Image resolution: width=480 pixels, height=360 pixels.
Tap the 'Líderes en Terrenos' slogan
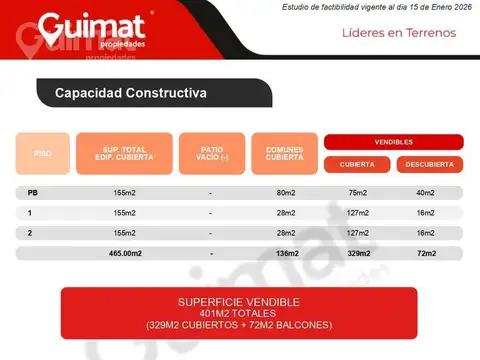coord(398,33)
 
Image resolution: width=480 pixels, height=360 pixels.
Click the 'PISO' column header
coord(43,154)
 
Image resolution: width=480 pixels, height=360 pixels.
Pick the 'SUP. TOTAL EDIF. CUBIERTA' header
coord(124,154)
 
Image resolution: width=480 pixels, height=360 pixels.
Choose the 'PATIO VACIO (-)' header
coord(210,154)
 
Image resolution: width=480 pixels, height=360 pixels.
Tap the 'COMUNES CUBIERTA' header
coord(284,154)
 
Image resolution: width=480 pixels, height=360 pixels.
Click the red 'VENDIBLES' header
coord(393,142)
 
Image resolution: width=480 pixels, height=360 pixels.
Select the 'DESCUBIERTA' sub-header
coord(428,164)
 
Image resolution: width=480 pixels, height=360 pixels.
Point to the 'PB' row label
coord(33,193)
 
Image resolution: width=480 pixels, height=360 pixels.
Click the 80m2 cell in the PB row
coord(284,193)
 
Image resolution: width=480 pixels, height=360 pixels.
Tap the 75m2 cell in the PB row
coord(358,193)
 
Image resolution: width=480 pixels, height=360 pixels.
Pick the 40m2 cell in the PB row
coord(426,193)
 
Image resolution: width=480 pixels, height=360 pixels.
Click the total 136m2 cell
coord(286,253)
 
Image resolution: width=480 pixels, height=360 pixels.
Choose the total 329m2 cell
coord(358,253)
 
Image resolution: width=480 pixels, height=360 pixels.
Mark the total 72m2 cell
coord(426,253)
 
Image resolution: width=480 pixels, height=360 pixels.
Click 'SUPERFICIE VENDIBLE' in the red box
coord(238,301)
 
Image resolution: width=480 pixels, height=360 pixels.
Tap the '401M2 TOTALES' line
coord(238,313)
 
